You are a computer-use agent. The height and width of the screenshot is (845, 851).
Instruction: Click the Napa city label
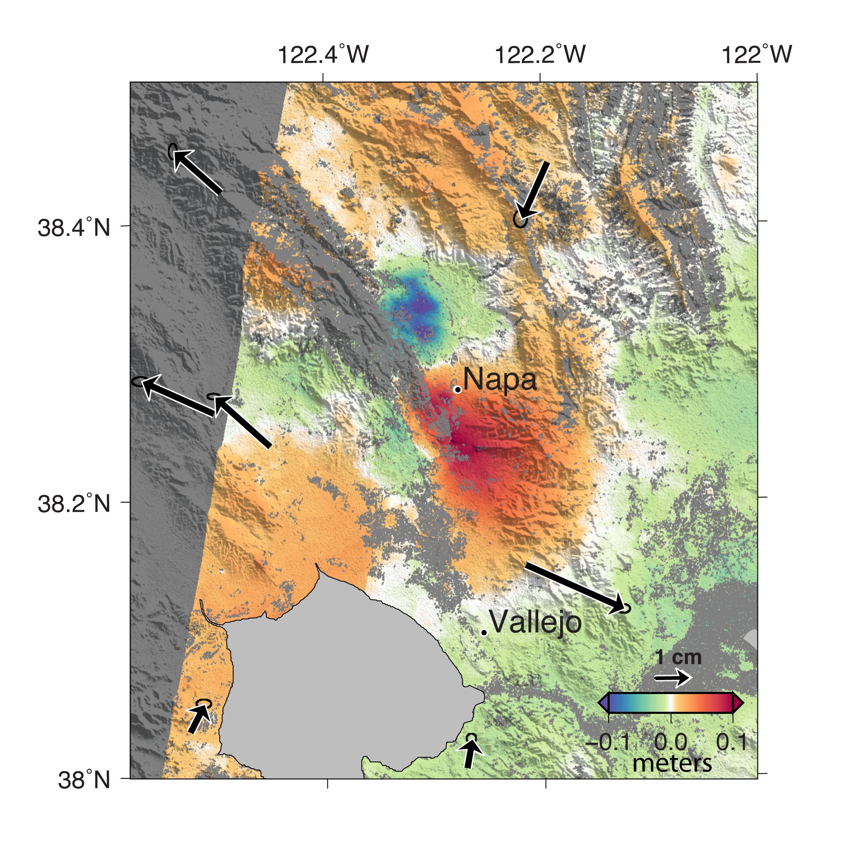pos(499,380)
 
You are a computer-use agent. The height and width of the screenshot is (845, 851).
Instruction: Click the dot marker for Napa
pos(458,390)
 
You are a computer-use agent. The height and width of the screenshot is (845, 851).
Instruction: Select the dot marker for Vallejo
pos(483,632)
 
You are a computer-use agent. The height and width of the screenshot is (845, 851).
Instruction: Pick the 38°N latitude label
pos(84,780)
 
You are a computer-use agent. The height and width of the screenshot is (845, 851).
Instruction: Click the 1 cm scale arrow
pos(672,690)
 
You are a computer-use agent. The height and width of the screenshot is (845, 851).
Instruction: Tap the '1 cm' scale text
pos(678,670)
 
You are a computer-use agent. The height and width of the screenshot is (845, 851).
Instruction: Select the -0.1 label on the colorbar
pos(608,743)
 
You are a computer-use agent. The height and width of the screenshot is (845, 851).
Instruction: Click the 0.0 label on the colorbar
pos(671,743)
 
